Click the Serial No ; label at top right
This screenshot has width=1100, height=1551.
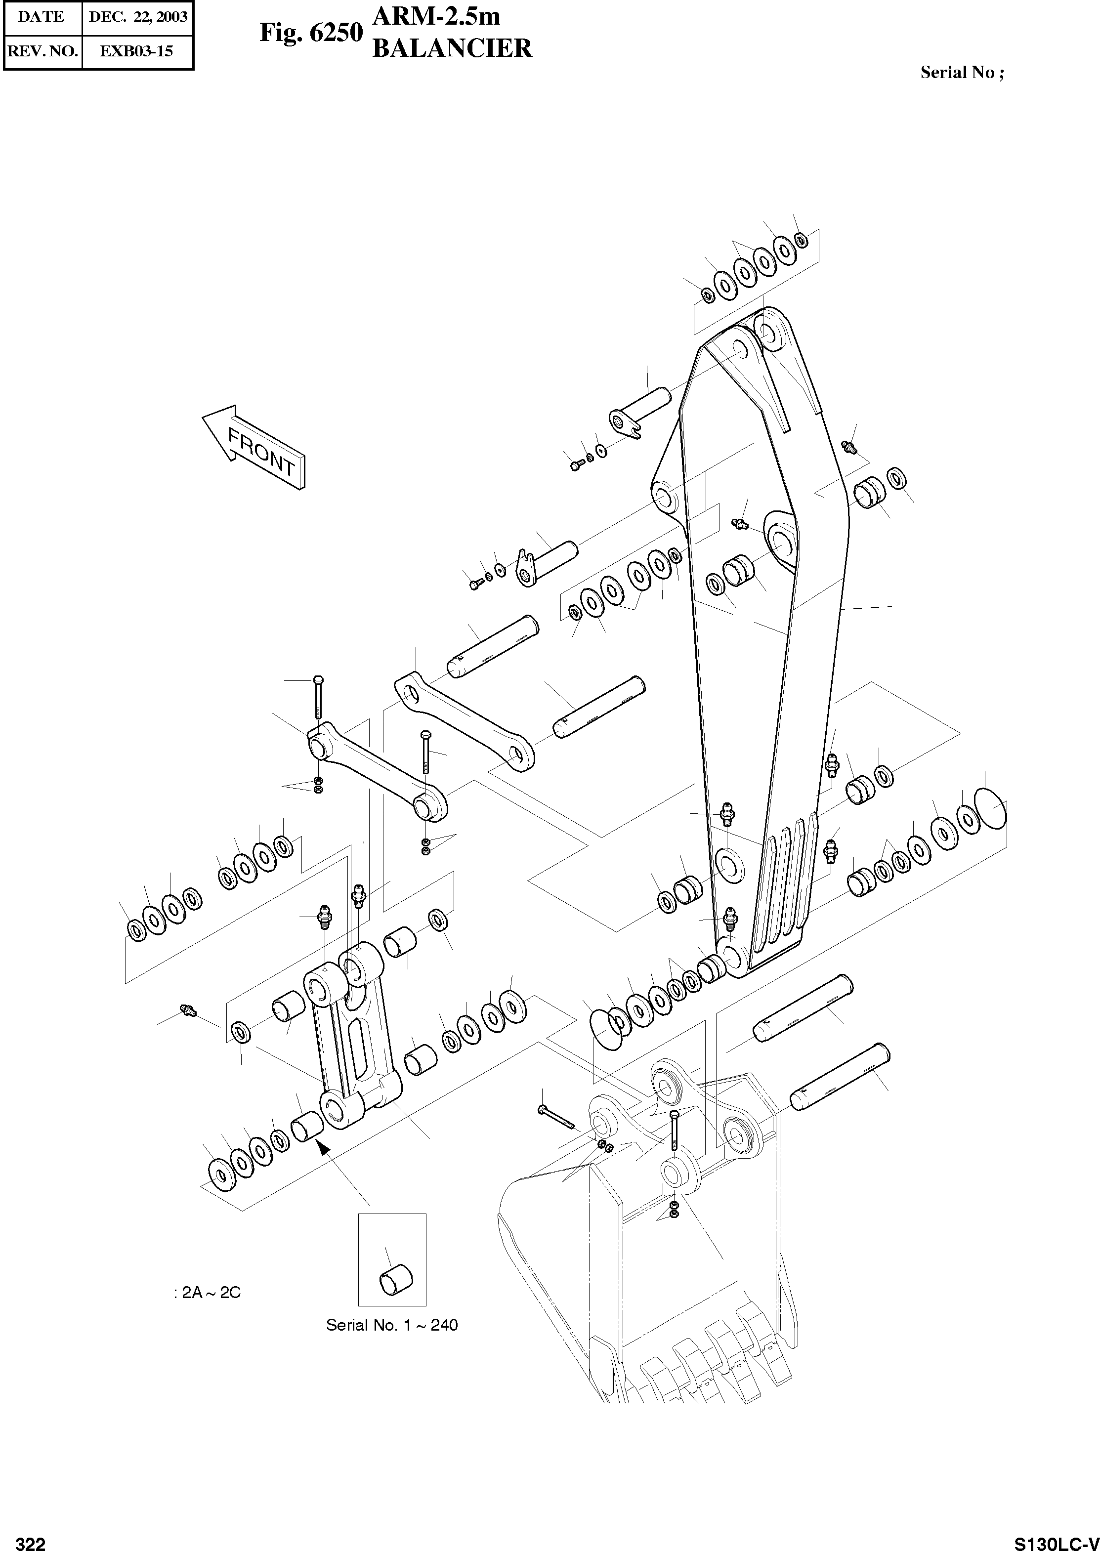point(962,73)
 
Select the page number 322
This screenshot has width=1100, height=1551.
point(31,1539)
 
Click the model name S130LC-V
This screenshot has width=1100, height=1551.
point(1056,1539)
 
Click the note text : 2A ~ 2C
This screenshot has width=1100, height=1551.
point(207,1292)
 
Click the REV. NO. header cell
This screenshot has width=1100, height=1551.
point(42,51)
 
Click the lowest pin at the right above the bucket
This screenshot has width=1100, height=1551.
point(840,1076)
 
